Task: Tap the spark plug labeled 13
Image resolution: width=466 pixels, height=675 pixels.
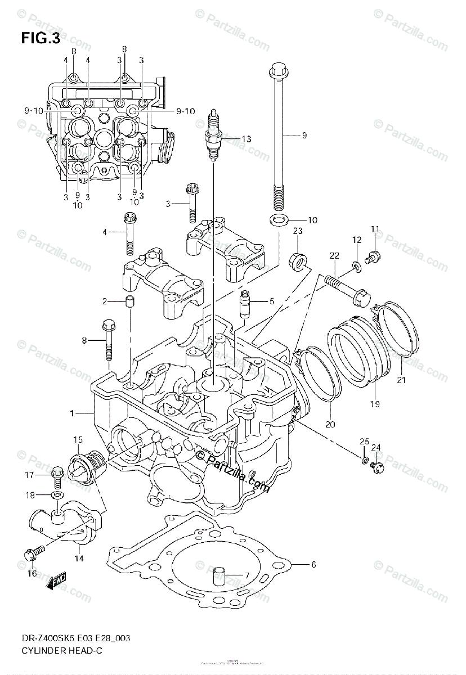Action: point(213,135)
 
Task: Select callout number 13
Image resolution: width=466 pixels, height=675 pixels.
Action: point(245,139)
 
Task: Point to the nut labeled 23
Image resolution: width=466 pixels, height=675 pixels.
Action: point(299,260)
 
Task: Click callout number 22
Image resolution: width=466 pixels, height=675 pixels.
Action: point(334,256)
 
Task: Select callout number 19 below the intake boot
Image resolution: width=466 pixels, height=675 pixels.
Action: point(375,404)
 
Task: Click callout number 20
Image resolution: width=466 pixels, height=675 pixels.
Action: point(330,424)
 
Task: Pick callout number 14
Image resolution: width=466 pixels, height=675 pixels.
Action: point(78,559)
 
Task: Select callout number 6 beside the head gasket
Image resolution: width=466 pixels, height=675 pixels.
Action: point(313,564)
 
